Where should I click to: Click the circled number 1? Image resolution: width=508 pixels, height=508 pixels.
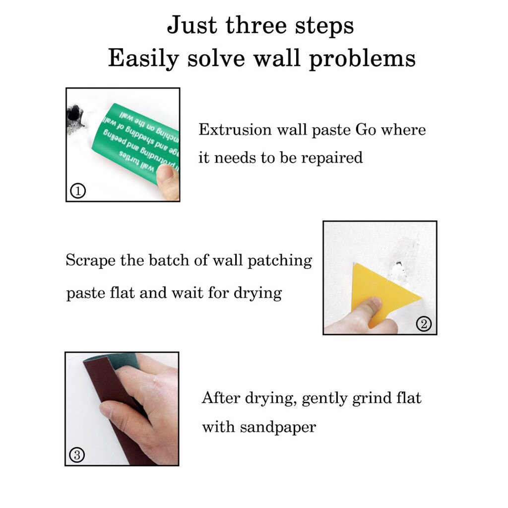(77, 190)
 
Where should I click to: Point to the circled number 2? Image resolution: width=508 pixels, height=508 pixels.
(424, 324)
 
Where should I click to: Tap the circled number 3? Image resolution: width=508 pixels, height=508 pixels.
(76, 454)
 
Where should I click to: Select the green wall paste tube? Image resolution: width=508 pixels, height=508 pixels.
(134, 141)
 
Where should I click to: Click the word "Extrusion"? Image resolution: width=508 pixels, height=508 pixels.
(235, 130)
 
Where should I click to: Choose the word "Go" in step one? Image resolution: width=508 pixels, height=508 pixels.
(366, 130)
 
